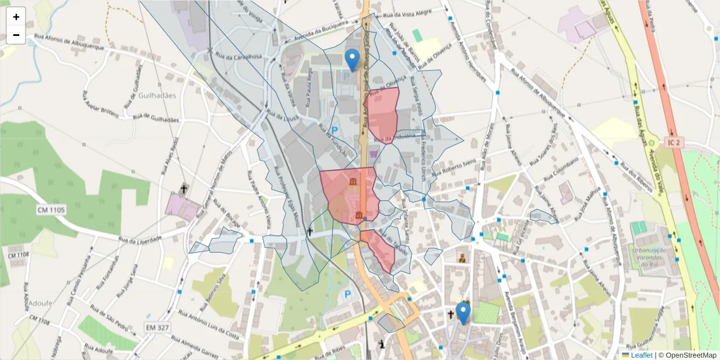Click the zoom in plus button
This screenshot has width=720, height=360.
16,17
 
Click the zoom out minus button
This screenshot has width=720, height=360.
16,35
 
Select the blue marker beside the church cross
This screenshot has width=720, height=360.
463,313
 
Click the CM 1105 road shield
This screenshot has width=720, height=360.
51,210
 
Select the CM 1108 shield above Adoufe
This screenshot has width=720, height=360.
19,255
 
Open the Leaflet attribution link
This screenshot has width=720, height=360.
641,355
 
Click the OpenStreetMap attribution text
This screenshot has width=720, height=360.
688,355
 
